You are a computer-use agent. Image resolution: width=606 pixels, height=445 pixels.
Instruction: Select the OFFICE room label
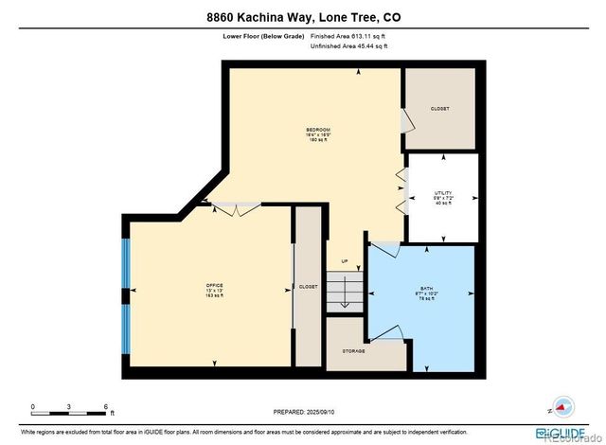pyautogui.click(x=215, y=285)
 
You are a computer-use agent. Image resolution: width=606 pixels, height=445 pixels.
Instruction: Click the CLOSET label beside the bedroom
pyautogui.click(x=439, y=109)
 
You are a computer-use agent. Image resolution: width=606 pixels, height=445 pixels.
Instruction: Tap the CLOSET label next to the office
pyautogui.click(x=308, y=285)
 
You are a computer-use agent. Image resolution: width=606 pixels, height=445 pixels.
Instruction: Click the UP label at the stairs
pyautogui.click(x=344, y=261)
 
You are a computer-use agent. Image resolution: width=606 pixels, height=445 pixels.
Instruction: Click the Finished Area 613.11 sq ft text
pyautogui.click(x=348, y=35)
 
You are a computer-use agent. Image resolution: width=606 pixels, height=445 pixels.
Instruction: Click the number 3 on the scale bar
pyautogui.click(x=68, y=406)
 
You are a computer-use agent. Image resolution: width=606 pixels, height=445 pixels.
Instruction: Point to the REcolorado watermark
pyautogui.click(x=572, y=436)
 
